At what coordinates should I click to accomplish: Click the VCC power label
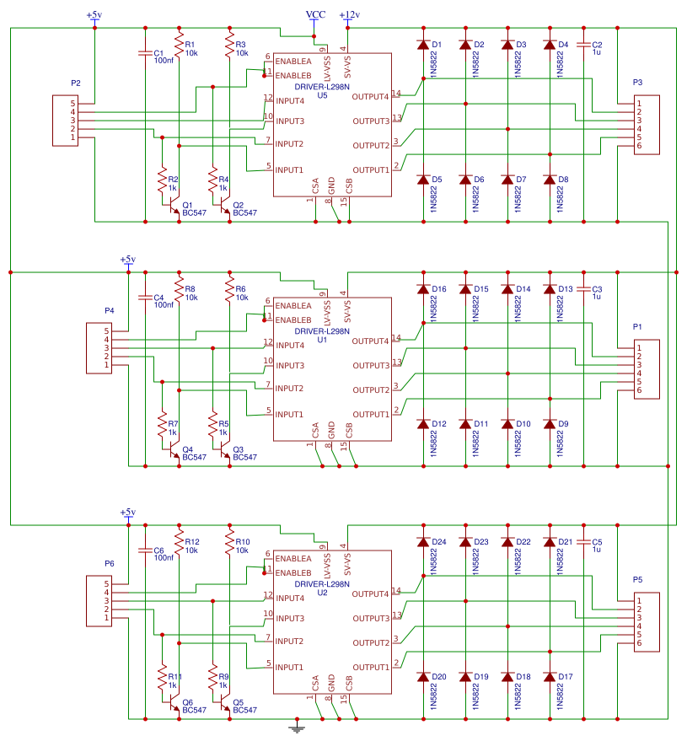315,14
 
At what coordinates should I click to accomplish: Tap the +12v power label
350,15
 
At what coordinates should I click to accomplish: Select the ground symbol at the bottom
297,727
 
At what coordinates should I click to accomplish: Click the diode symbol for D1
423,45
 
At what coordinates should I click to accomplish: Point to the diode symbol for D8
550,180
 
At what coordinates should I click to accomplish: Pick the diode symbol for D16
423,289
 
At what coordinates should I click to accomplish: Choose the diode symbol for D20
423,677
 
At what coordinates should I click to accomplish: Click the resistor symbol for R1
179,45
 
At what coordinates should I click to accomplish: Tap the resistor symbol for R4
212,180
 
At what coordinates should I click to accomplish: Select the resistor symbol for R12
179,542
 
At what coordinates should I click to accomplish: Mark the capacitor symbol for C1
145,53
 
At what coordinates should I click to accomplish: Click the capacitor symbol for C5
583,542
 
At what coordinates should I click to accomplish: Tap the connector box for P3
647,125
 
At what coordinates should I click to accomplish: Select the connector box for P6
99,601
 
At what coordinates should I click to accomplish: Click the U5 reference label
322,96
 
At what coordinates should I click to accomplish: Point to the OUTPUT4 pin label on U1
370,341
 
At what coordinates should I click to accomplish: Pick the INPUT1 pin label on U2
289,668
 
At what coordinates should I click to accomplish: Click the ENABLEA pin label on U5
293,62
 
